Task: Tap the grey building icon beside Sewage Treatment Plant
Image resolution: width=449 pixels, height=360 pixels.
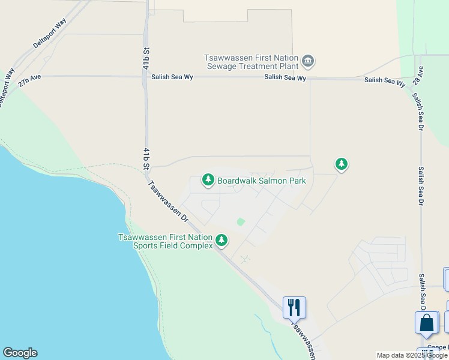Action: coord(309,61)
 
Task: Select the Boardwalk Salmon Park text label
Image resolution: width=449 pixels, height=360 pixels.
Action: coord(261,181)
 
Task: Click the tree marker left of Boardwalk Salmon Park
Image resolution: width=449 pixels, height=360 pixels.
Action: coord(208,179)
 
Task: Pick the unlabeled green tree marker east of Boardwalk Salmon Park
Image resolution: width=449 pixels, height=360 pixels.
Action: coord(342,164)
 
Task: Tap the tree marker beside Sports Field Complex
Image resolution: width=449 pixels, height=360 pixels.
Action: coord(222,241)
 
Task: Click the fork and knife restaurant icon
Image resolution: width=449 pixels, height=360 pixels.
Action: coord(294,307)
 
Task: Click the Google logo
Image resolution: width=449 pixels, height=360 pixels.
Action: coord(20,353)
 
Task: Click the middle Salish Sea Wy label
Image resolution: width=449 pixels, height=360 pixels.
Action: coord(286,78)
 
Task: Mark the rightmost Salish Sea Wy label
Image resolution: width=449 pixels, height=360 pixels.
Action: coord(385,81)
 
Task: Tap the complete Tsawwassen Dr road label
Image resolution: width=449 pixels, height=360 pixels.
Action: coord(167,202)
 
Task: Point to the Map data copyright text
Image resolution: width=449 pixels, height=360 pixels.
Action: coord(412,355)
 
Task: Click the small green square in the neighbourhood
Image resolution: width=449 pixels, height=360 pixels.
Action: coord(241,222)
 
